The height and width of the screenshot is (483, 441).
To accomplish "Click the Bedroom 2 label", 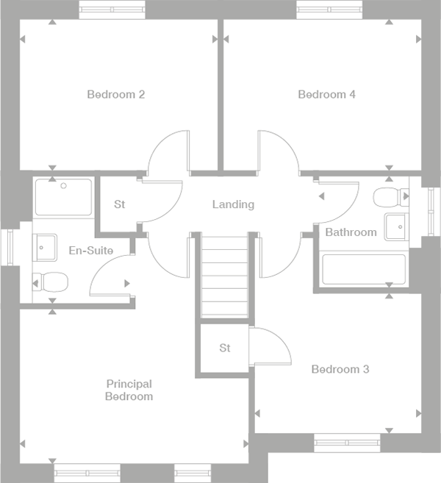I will coord(115,94).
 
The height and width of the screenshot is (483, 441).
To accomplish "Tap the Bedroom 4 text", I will coord(326,94).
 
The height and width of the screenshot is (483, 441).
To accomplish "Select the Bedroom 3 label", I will coord(340,369).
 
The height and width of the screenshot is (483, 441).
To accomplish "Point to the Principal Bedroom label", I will coord(129,390).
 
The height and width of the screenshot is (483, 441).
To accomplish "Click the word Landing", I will coord(233,204).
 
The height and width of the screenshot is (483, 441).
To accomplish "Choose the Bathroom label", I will coord(351,232).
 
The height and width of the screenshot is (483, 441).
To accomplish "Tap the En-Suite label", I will coord(90,251).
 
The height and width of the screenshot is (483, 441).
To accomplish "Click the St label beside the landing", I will coord(119,204).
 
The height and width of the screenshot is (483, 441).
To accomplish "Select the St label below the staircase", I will coord(225,348).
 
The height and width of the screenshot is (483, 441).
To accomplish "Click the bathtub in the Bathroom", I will coord(364,270).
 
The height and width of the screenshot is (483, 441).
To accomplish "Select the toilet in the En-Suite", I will coord(50,281).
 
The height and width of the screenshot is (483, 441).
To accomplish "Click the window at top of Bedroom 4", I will coord(330,10).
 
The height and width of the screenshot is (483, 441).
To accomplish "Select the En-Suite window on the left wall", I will coord(9,246).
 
